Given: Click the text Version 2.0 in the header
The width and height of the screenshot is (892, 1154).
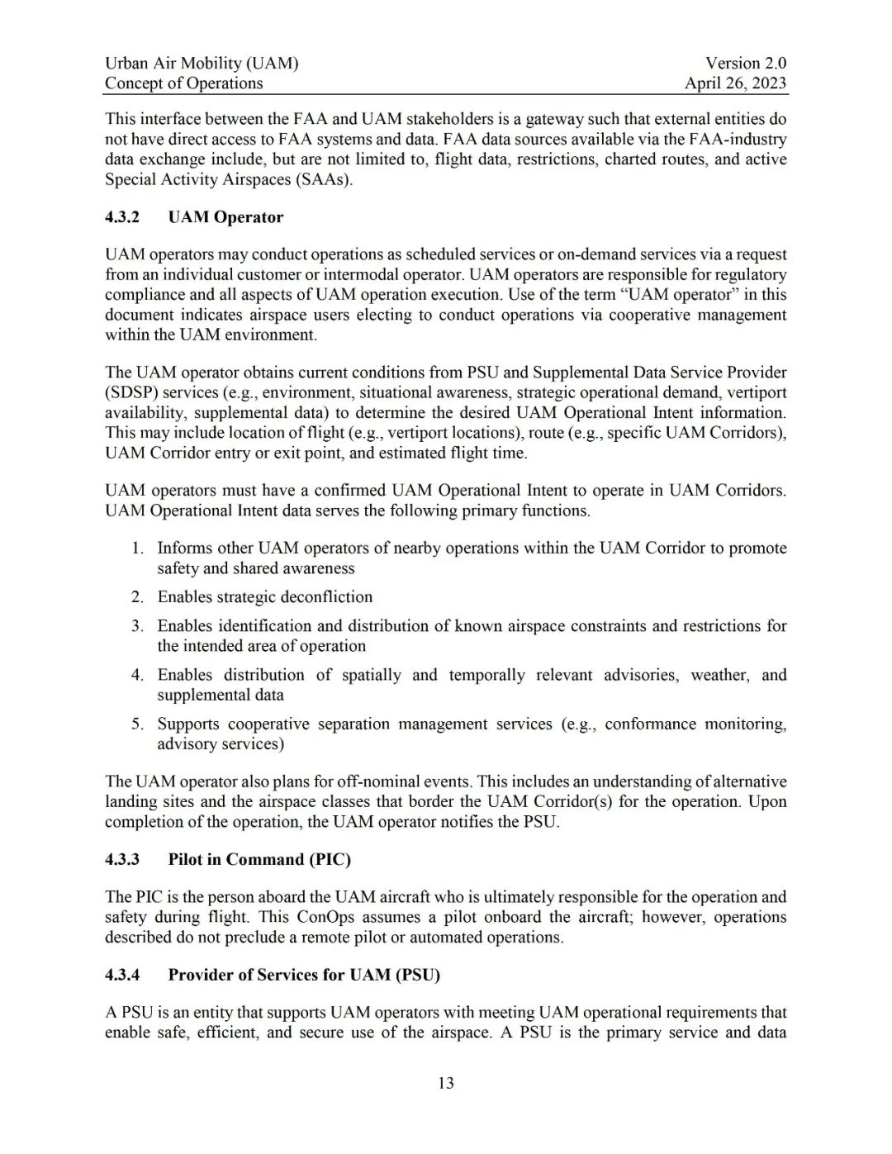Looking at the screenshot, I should click(x=745, y=63).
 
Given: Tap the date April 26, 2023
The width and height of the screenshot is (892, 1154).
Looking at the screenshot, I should click(x=735, y=83).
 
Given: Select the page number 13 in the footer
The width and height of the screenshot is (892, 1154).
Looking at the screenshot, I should click(x=446, y=1083).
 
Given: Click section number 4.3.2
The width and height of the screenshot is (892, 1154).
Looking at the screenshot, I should click(x=122, y=217).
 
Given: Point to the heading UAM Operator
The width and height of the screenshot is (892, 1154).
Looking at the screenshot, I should click(x=225, y=217).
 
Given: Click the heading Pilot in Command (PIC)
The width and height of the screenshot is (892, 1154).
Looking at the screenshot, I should click(x=259, y=859).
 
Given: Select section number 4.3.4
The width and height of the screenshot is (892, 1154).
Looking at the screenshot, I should click(x=122, y=975).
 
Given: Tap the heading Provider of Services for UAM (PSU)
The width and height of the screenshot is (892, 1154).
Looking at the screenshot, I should click(x=304, y=975).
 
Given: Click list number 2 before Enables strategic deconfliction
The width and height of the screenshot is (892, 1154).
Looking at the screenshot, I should click(x=137, y=597).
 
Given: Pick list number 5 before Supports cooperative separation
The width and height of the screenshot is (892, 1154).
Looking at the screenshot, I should click(x=137, y=724).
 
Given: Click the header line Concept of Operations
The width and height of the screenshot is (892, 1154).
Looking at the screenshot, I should click(x=183, y=83).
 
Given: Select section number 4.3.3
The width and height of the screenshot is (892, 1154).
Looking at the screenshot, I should click(x=122, y=859).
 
